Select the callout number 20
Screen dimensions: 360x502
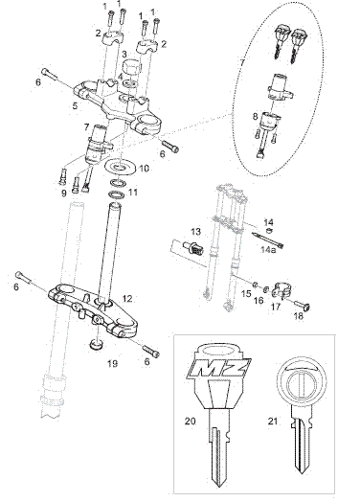coord(190,421)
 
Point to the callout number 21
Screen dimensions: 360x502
coord(272,421)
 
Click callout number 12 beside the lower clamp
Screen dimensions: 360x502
coord(127,299)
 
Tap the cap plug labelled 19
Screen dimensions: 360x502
coord(96,345)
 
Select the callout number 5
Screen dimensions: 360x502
coord(75,105)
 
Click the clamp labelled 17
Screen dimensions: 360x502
coord(281,289)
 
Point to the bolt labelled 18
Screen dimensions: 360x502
coord(303,306)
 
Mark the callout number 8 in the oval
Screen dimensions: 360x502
coord(255,116)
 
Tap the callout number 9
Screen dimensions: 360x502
coord(64,193)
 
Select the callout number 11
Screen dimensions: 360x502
coord(133,193)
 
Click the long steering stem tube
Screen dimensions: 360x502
coord(109,253)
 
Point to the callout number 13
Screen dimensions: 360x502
coord(195,231)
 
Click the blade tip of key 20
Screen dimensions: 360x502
coord(219,485)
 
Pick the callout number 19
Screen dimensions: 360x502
coord(113,364)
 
